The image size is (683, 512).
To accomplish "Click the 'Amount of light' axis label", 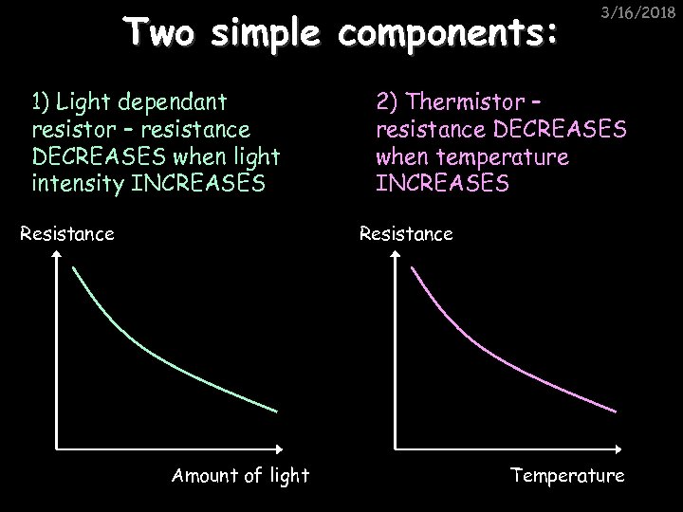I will point(240,476).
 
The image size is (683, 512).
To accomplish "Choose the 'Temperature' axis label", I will point(567,476).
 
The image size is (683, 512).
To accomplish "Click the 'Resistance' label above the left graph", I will point(66,232).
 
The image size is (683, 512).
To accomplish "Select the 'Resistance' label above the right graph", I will point(405,232).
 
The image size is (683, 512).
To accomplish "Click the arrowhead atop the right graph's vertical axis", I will point(395,265).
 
